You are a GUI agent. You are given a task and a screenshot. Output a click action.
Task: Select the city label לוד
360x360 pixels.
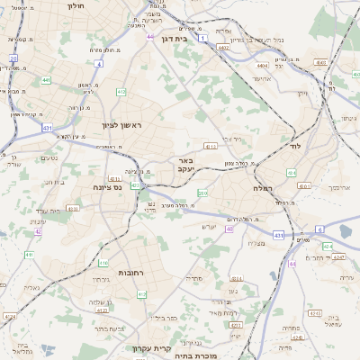tap(295, 146)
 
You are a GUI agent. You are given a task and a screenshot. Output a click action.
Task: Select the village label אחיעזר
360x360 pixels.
tap(261, 79)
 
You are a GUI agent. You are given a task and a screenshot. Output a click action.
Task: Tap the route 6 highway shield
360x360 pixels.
tap(319, 229)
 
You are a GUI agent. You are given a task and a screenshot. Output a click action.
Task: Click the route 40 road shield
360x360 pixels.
tap(229, 229)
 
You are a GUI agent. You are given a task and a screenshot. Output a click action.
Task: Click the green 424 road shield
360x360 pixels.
tap(328, 245)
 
